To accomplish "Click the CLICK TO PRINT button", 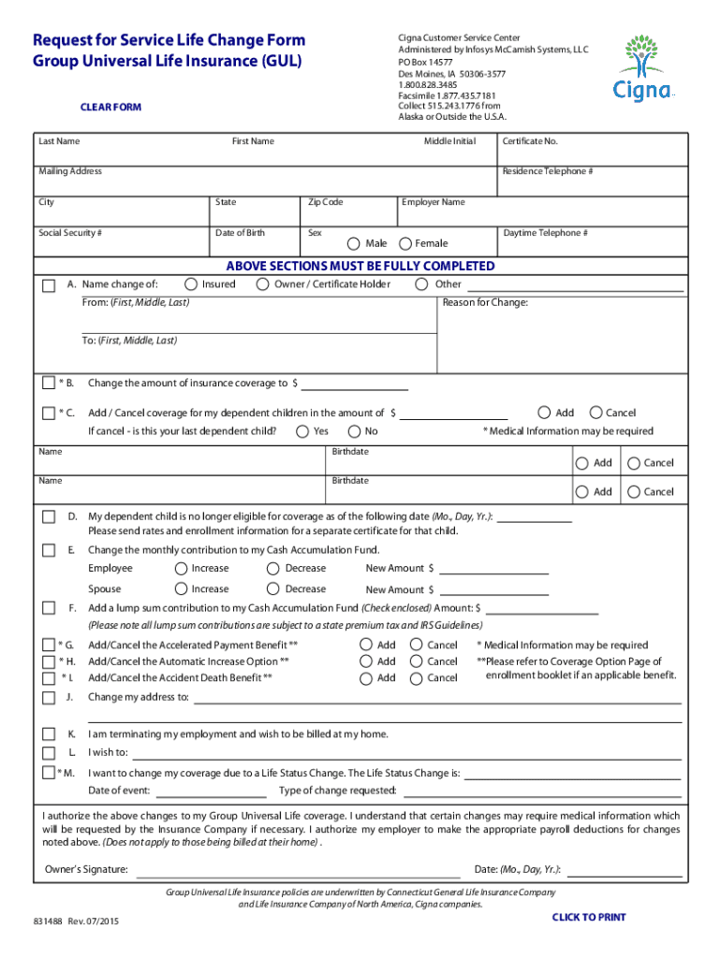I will [589, 917].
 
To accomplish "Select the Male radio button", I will [354, 244].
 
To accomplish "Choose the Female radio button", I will [405, 244].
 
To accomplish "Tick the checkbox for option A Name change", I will [49, 284].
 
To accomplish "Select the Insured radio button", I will [191, 284].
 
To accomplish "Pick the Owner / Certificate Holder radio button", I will [263, 284].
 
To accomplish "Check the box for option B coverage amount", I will [49, 383].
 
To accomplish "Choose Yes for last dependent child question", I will [302, 431].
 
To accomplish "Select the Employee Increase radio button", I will [181, 569].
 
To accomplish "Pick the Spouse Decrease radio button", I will [273, 589].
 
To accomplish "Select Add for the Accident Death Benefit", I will [366, 678].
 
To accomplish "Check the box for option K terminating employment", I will [49, 734].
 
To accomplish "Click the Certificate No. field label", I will [530, 141].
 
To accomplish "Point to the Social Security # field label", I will [70, 233].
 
